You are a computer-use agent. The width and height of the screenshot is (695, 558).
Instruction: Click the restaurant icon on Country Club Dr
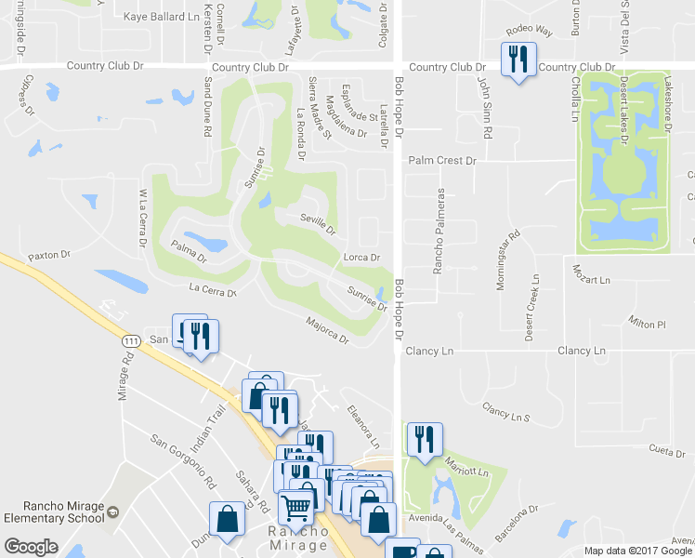coord(517,60)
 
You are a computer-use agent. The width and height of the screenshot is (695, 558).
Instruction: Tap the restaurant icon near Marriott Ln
coord(425,439)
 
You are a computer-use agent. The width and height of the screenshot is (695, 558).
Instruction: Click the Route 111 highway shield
coord(128,343)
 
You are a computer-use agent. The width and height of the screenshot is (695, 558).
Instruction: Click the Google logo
coord(31,547)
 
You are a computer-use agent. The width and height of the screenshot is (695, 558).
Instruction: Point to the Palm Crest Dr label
coord(442,160)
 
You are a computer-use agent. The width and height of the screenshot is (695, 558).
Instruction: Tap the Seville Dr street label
coord(317,223)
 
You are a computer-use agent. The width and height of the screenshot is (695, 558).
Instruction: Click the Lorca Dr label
coord(362,258)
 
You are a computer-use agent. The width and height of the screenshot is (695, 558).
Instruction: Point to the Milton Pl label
coord(649,324)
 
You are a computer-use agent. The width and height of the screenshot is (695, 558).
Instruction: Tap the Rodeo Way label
coord(529,31)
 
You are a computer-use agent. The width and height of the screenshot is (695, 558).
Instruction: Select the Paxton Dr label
coord(49,254)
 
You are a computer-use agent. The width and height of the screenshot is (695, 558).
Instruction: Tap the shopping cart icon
coord(296,507)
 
